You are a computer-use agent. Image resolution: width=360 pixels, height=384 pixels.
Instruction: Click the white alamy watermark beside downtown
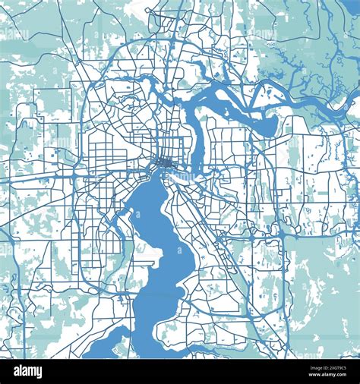click(x=179, y=175)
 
